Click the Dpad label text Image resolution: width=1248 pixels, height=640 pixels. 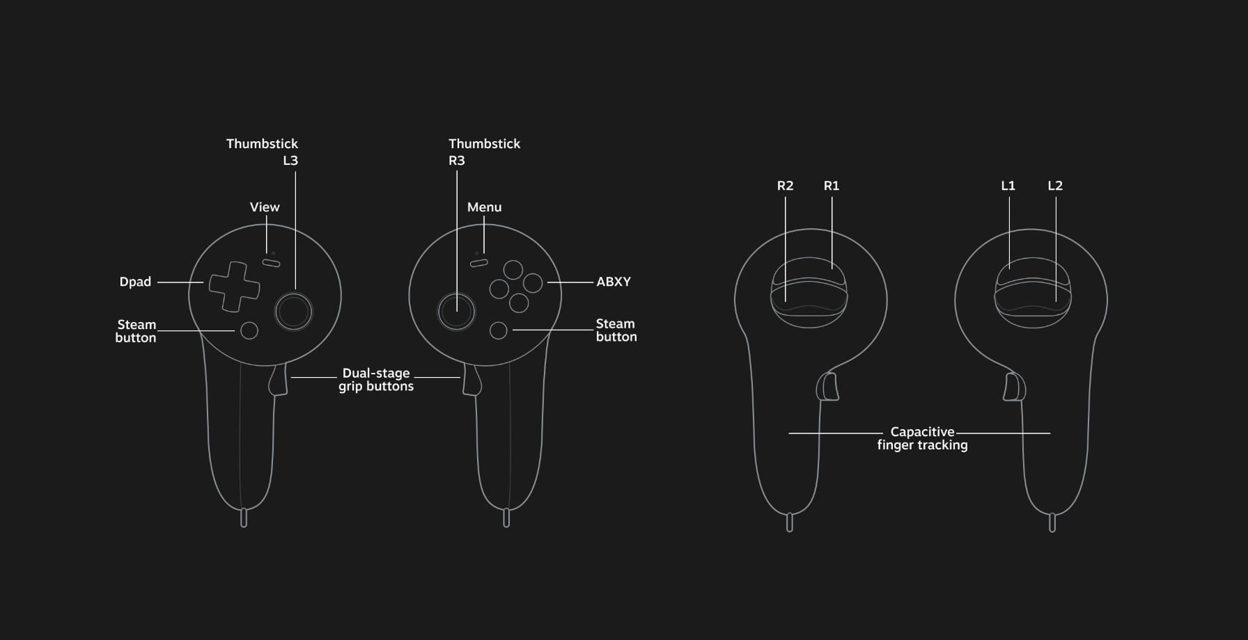pyautogui.click(x=135, y=282)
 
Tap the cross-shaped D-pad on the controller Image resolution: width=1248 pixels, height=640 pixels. pyautogui.click(x=235, y=287)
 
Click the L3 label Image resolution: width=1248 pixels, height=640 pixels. pyautogui.click(x=290, y=161)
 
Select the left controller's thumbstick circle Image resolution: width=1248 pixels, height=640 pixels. pyautogui.click(x=294, y=311)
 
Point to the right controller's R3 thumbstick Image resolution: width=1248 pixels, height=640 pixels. pyautogui.click(x=456, y=311)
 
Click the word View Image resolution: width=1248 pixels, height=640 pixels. pyautogui.click(x=265, y=207)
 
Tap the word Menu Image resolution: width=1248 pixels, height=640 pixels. pyautogui.click(x=484, y=207)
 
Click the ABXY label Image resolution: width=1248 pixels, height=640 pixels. pyautogui.click(x=614, y=282)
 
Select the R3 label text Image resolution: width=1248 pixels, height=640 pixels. pyautogui.click(x=457, y=161)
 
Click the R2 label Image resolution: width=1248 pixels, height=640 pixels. pyautogui.click(x=785, y=186)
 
